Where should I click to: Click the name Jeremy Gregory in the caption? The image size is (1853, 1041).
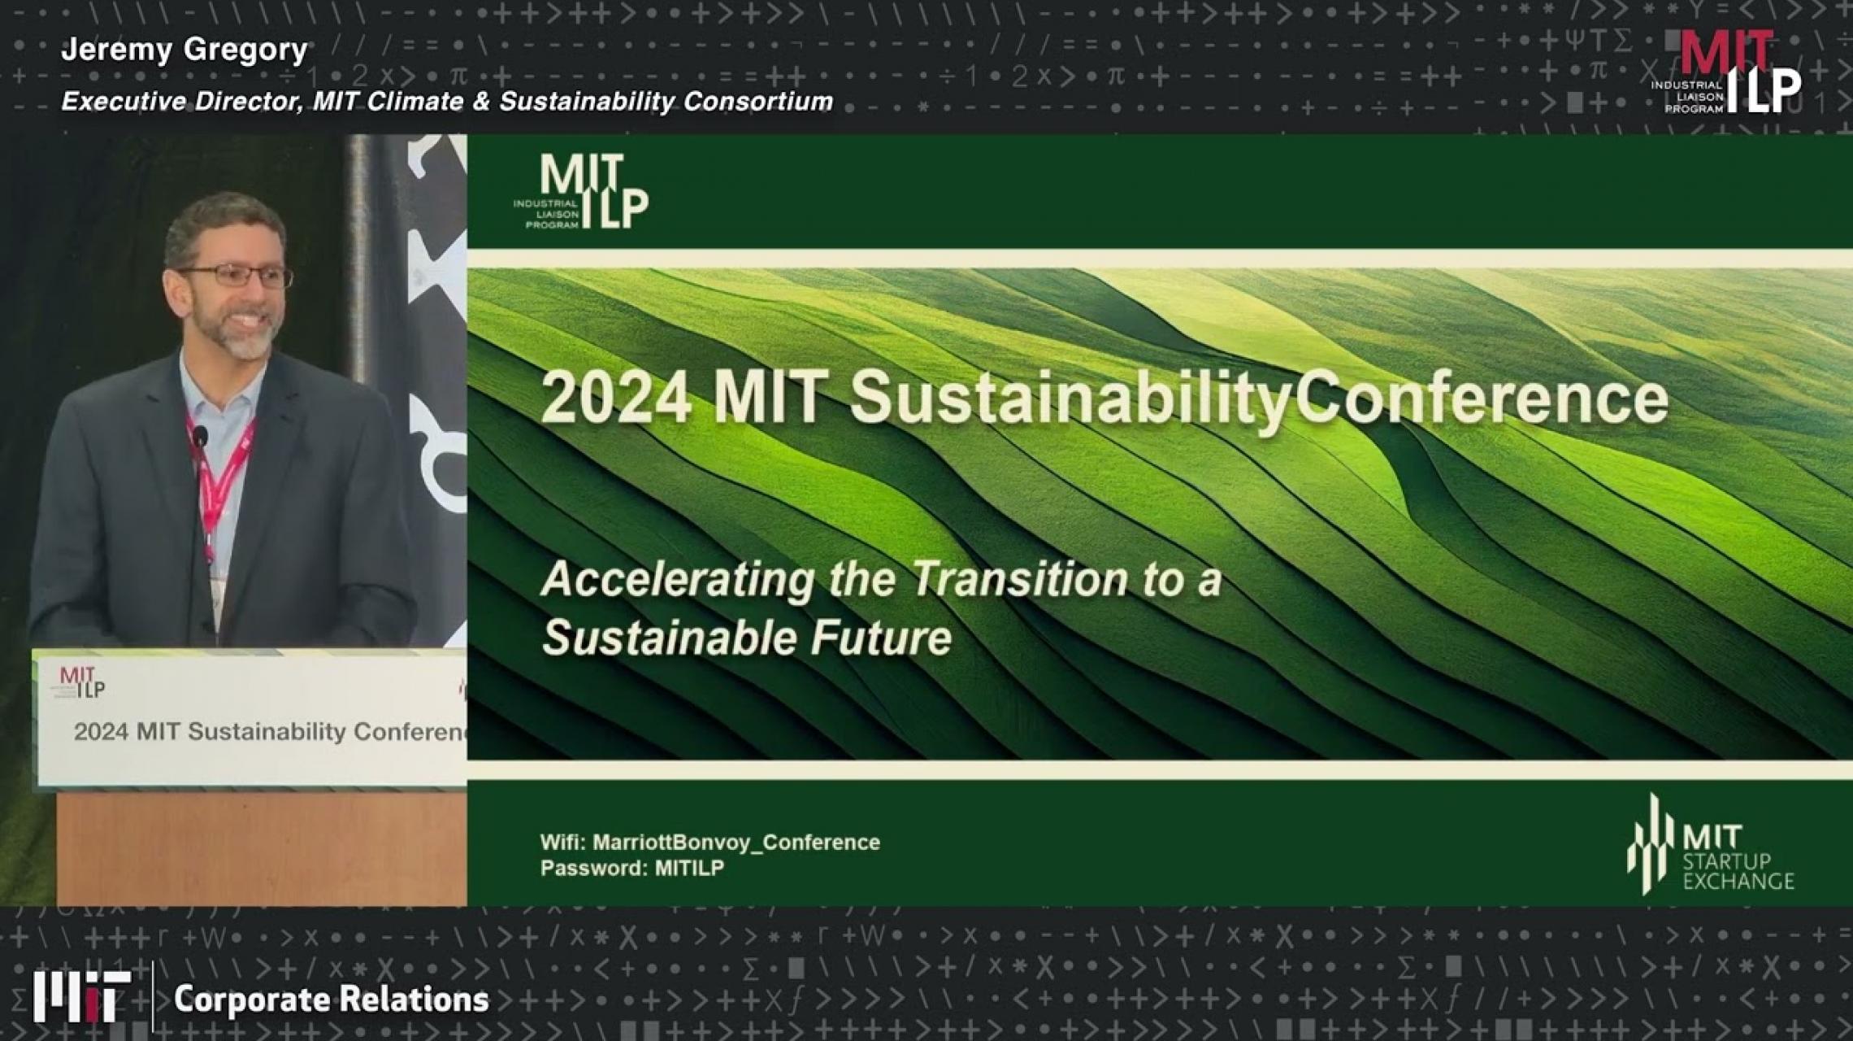(x=184, y=50)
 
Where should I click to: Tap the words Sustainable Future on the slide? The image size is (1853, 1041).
(x=746, y=638)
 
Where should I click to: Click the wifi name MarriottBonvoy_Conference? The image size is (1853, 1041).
(x=736, y=843)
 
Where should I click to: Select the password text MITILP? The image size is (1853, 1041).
(x=689, y=869)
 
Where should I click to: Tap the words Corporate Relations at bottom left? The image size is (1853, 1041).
(x=331, y=1000)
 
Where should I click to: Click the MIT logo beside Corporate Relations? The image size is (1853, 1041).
(x=81, y=997)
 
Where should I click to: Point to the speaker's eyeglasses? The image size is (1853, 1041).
(x=236, y=277)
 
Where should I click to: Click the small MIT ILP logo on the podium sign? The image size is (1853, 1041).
(x=82, y=682)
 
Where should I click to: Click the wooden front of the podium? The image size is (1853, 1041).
(x=260, y=850)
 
